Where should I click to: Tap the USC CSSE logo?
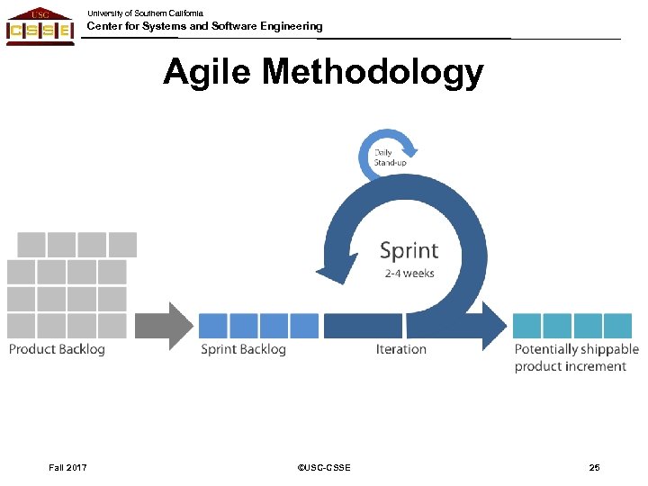tap(40, 26)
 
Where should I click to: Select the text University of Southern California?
tap(145, 13)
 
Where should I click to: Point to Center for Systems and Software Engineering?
tap(204, 27)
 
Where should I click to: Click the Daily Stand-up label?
tap(389, 157)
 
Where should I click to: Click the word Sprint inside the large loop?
tap(409, 250)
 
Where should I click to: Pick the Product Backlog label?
tap(57, 349)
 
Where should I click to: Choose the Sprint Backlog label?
tap(243, 349)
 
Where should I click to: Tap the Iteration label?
tap(401, 349)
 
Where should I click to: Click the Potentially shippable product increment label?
tap(576, 357)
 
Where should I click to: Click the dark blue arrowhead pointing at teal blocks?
tap(494, 326)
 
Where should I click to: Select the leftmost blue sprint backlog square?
tap(213, 326)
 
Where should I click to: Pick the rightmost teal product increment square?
tap(618, 326)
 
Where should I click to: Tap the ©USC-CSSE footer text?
tap(323, 467)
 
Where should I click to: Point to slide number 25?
tap(594, 467)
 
